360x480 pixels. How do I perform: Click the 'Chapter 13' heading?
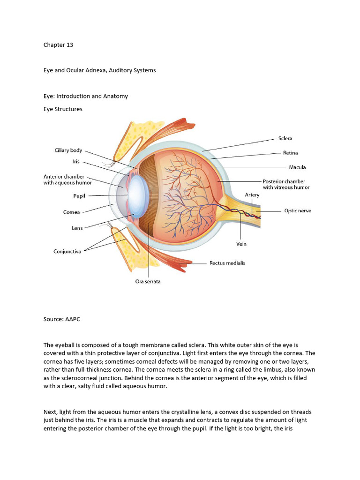(58, 45)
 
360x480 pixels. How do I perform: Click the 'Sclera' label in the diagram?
(285, 138)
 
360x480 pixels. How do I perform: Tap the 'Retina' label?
(290, 153)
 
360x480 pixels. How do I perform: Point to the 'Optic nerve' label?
(297, 211)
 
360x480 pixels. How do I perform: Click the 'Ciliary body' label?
(68, 150)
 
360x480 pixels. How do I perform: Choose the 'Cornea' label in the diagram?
(72, 212)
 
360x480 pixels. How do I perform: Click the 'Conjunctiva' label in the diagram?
(67, 251)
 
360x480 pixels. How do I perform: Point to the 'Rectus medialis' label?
(227, 263)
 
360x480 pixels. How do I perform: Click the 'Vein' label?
(241, 244)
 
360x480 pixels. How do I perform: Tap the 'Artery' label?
(252, 194)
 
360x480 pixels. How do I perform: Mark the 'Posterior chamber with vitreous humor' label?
(286, 184)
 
